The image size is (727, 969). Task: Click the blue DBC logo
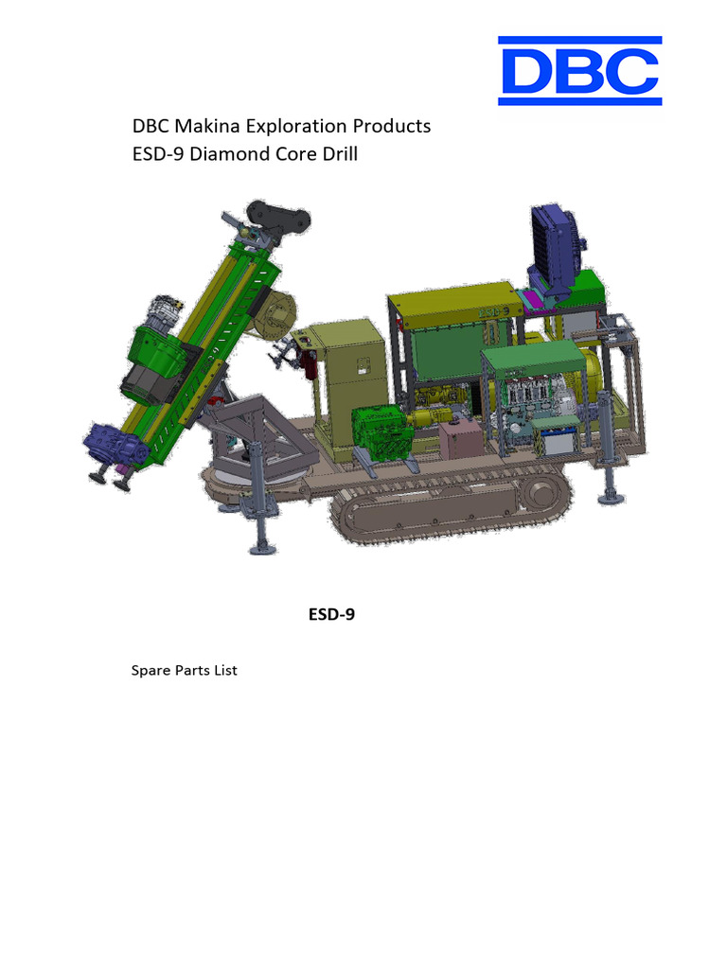(579, 70)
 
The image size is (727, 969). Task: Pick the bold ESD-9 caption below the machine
(331, 614)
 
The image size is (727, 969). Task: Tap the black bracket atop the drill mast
(276, 218)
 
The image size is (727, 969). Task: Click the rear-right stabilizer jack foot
(609, 495)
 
